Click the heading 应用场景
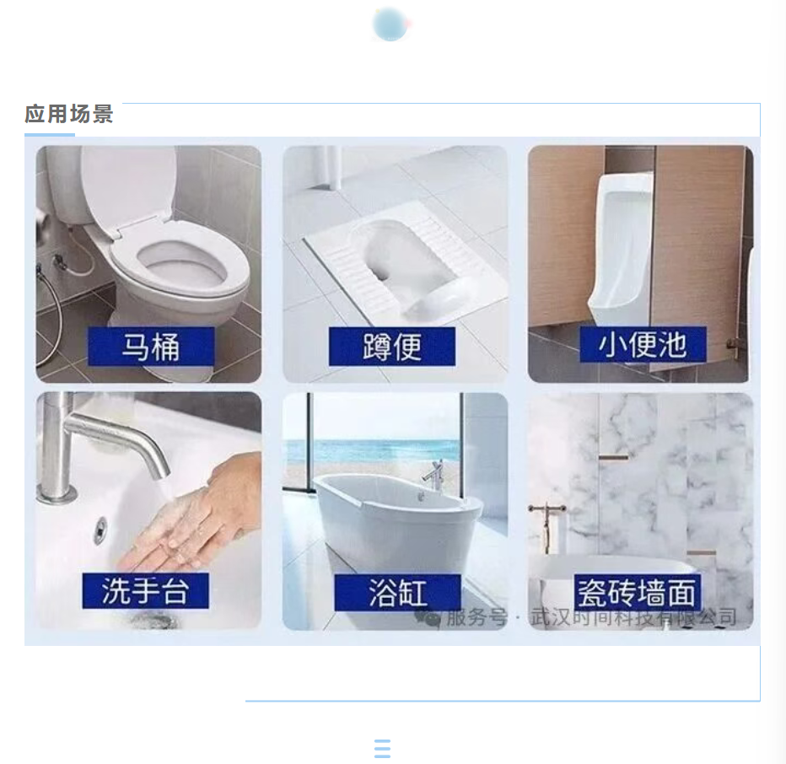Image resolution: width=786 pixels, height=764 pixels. (x=69, y=114)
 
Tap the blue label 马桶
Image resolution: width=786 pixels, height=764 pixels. (x=151, y=347)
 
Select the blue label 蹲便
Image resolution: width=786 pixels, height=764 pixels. (x=392, y=347)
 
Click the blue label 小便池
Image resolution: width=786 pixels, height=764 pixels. (x=643, y=344)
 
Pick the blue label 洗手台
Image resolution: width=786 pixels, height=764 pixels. (x=145, y=591)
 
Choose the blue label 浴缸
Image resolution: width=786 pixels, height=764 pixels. (x=397, y=593)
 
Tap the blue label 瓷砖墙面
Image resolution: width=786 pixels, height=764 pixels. (x=637, y=593)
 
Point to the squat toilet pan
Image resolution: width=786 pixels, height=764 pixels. (x=391, y=261)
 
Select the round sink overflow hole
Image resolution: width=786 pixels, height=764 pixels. (x=100, y=530)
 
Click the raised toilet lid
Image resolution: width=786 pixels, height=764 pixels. (x=129, y=185)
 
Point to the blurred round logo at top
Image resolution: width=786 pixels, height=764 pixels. (x=391, y=24)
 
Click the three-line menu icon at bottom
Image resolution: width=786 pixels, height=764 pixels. (x=383, y=749)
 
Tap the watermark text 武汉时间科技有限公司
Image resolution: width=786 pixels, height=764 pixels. (x=633, y=617)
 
